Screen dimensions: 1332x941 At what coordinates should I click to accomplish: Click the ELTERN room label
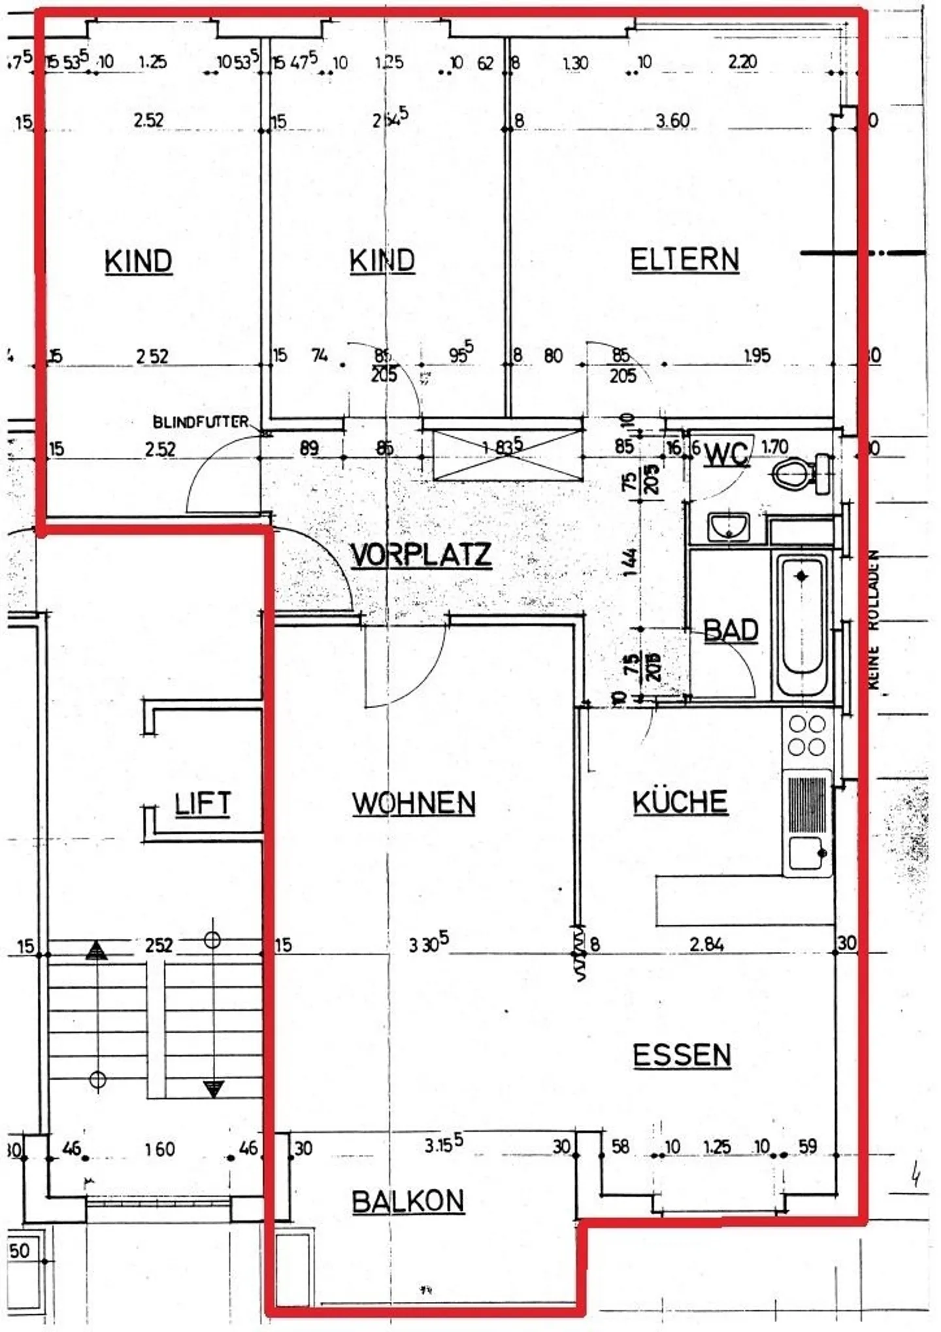684,260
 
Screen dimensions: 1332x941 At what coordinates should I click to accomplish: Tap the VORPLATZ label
421,555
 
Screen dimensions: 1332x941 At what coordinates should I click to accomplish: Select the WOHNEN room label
414,803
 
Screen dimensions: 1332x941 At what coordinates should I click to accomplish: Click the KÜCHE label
680,802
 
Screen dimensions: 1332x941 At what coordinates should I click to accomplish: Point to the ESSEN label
682,1055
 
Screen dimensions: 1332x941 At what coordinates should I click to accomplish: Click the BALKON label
408,1201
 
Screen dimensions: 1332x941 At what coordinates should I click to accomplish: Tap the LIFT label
203,804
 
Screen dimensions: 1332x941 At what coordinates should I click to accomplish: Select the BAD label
731,630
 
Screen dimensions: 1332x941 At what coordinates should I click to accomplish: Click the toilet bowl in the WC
792,473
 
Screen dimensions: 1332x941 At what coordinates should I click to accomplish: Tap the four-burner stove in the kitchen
807,736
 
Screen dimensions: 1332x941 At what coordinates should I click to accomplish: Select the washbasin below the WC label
729,526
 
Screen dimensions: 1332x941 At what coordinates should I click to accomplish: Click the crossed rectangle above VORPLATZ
508,454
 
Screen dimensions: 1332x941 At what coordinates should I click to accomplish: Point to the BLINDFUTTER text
201,422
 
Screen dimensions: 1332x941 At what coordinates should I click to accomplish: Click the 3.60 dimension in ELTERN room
672,121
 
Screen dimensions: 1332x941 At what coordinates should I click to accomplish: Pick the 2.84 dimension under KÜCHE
706,944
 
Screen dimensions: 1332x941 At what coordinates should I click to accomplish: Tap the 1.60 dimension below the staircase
160,1149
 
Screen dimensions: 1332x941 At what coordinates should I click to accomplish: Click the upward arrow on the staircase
97,949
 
